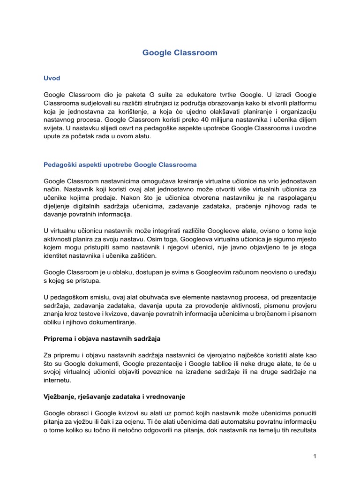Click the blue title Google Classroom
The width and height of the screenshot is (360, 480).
pyautogui.click(x=180, y=53)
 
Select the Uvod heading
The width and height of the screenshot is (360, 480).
pyautogui.click(x=52, y=78)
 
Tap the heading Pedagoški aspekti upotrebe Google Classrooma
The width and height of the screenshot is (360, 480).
pyautogui.click(x=120, y=165)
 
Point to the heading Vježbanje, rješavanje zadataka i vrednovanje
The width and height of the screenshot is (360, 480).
pyautogui.click(x=114, y=397)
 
